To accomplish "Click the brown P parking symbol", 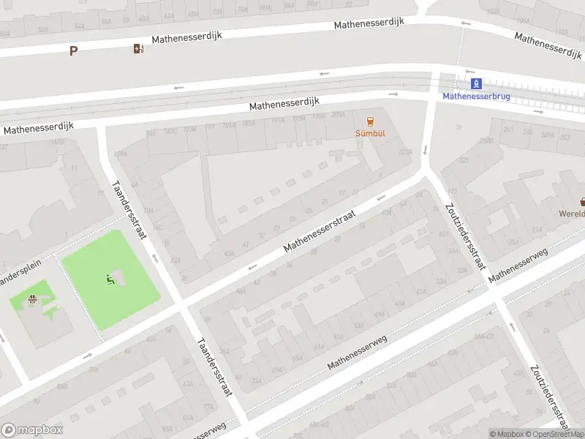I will point(72,50).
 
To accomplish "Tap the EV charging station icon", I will point(138,49).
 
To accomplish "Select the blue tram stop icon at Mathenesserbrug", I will point(476,83).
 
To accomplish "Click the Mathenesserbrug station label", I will point(476,96).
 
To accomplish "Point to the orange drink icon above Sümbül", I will point(370,121).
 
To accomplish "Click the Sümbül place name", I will point(370,134).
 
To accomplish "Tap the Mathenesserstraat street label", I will point(319,233).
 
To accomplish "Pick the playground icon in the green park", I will point(110,277).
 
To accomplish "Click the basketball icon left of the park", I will point(31,299).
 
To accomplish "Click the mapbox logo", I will point(31,430).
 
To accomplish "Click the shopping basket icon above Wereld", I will point(583,201).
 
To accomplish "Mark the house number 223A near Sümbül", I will point(404,152).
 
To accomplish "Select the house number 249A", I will point(547,135).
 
